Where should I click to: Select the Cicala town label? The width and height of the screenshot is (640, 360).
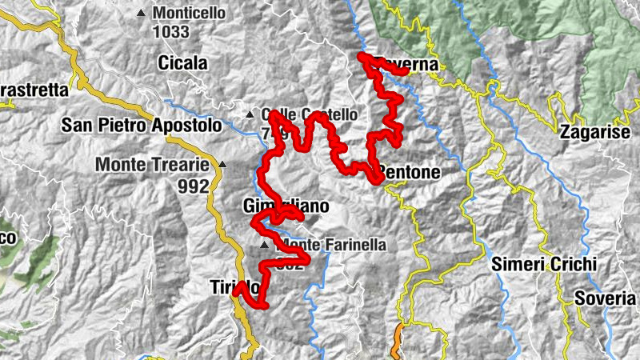click(182, 63)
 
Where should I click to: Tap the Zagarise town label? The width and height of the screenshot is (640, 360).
click(595, 133)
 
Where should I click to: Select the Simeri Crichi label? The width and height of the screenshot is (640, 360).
click(545, 264)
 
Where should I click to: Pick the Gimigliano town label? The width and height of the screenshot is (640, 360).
click(285, 206)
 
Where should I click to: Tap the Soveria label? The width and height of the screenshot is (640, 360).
click(606, 298)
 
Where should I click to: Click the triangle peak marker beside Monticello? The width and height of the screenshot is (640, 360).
click(142, 13)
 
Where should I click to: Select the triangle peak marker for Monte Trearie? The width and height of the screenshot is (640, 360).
click(222, 165)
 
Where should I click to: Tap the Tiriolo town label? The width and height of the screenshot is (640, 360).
click(234, 286)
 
